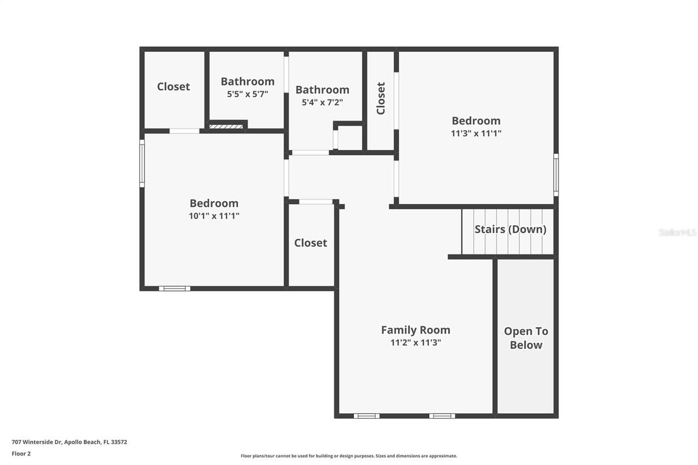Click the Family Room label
click(x=416, y=330)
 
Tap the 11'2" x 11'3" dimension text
click(x=416, y=343)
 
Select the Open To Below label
click(x=526, y=338)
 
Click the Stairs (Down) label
click(x=510, y=230)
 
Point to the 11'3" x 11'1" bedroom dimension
click(x=476, y=133)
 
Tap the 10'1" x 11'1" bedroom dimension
click(x=214, y=216)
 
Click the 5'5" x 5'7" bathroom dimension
click(x=248, y=94)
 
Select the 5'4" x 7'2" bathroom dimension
click(x=322, y=102)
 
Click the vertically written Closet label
click(x=381, y=98)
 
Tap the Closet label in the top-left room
click(x=173, y=87)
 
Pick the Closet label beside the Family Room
click(x=310, y=243)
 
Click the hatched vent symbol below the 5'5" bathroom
click(x=226, y=126)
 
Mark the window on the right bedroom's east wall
click(x=556, y=174)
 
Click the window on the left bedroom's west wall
click(x=142, y=163)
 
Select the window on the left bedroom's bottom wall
click(x=174, y=288)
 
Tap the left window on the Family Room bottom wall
click(x=366, y=416)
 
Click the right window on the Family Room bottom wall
click(x=442, y=416)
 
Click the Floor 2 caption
click(x=21, y=453)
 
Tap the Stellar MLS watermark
click(x=677, y=232)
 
